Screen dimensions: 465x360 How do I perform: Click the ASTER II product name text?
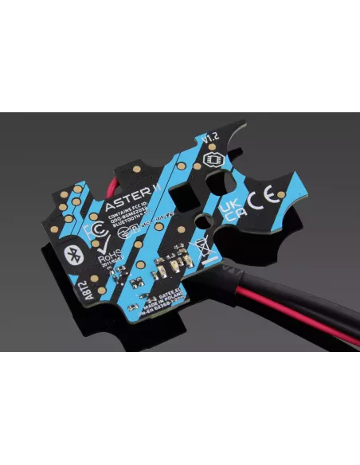(126, 205)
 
